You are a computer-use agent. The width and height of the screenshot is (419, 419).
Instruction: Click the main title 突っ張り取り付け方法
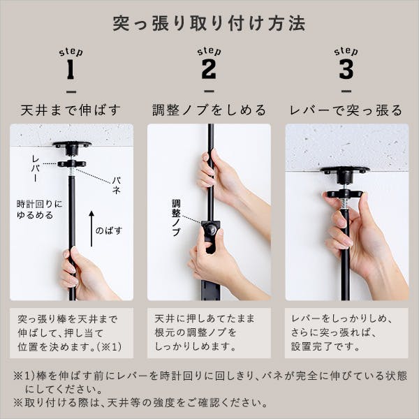click(209, 24)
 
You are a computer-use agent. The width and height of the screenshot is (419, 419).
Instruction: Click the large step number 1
click(70, 70)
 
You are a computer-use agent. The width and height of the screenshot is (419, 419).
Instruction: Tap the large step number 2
click(209, 70)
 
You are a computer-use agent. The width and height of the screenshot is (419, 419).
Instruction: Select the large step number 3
click(346, 70)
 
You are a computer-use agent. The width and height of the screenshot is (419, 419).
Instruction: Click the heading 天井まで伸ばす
click(71, 110)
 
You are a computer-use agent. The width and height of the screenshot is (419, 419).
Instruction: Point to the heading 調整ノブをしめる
click(209, 110)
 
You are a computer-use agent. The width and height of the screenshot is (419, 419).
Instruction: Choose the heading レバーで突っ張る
click(346, 110)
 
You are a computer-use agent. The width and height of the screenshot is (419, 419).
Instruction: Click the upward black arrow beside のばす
click(91, 227)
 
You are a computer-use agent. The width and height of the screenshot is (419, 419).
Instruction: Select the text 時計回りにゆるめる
click(39, 209)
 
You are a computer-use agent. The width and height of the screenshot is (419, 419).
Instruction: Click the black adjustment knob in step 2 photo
click(209, 228)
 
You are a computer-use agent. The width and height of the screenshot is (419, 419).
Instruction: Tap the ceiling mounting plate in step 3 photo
click(345, 170)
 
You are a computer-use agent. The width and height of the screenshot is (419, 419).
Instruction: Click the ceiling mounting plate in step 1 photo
click(72, 146)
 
